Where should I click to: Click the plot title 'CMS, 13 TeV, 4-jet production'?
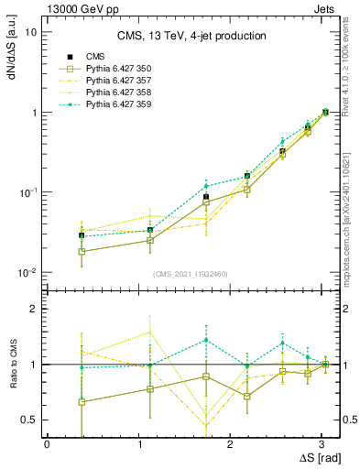(191, 37)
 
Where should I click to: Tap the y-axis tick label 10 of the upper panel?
(30, 32)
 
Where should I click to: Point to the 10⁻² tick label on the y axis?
(27, 273)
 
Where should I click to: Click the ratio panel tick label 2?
(34, 310)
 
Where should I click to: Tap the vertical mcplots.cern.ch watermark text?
(353, 220)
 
